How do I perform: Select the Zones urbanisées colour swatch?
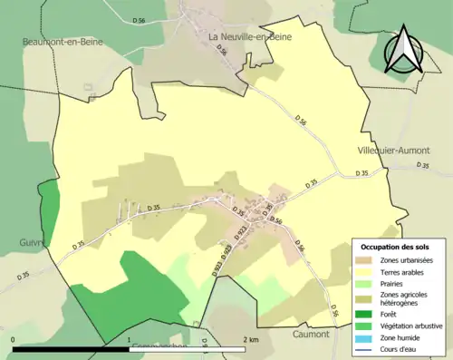click(364, 260)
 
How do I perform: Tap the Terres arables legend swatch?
click(364, 271)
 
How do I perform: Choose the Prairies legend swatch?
click(364, 282)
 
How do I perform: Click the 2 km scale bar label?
click(253, 339)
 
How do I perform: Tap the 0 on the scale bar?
click(14, 339)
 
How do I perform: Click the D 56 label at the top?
click(139, 19)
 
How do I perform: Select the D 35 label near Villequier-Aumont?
click(423, 165)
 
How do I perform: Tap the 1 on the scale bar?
click(130, 339)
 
